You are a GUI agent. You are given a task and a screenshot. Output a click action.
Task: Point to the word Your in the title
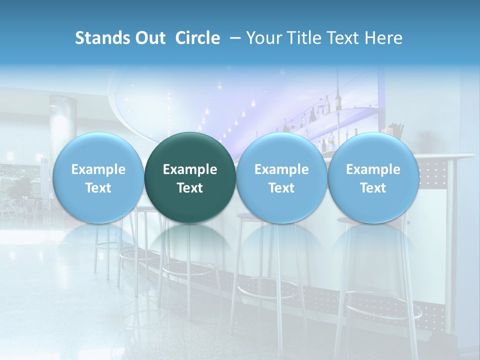(263, 38)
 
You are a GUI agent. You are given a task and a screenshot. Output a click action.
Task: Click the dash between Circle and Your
(235, 38)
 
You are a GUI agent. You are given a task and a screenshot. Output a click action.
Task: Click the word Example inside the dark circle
(190, 169)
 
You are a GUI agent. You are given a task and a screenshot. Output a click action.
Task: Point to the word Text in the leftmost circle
(98, 188)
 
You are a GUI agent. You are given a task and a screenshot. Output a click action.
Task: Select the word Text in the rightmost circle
(373, 188)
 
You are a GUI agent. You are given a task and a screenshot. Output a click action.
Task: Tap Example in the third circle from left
(281, 169)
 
